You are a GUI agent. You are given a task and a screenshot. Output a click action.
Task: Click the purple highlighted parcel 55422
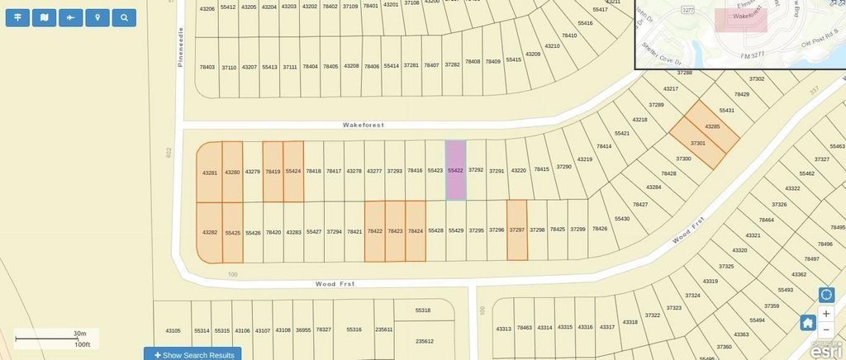[x=456, y=170]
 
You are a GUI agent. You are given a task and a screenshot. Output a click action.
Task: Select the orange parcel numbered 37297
[x=517, y=230]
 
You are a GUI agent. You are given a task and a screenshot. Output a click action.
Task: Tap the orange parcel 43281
[x=210, y=173]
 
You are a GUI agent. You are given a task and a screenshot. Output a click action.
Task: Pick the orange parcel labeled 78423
[x=395, y=231]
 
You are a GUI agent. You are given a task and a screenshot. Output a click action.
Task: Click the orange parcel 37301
[x=696, y=144]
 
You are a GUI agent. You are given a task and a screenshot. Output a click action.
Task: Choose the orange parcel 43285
[x=712, y=126]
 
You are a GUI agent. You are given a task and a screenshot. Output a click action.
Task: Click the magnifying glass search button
[x=124, y=17]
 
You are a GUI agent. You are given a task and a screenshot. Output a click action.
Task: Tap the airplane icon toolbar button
[x=71, y=17]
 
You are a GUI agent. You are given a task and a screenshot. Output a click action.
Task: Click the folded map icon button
[x=45, y=17]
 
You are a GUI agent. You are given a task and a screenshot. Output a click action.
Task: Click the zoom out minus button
[x=826, y=329]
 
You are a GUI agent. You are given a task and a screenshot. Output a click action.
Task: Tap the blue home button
[x=808, y=322]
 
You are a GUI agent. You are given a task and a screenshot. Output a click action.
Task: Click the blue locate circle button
[x=826, y=295]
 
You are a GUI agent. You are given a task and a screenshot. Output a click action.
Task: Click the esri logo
[x=826, y=351]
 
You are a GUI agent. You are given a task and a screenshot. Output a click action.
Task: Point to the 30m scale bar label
[x=80, y=334]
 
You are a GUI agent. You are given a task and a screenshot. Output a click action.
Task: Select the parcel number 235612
[x=424, y=341]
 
